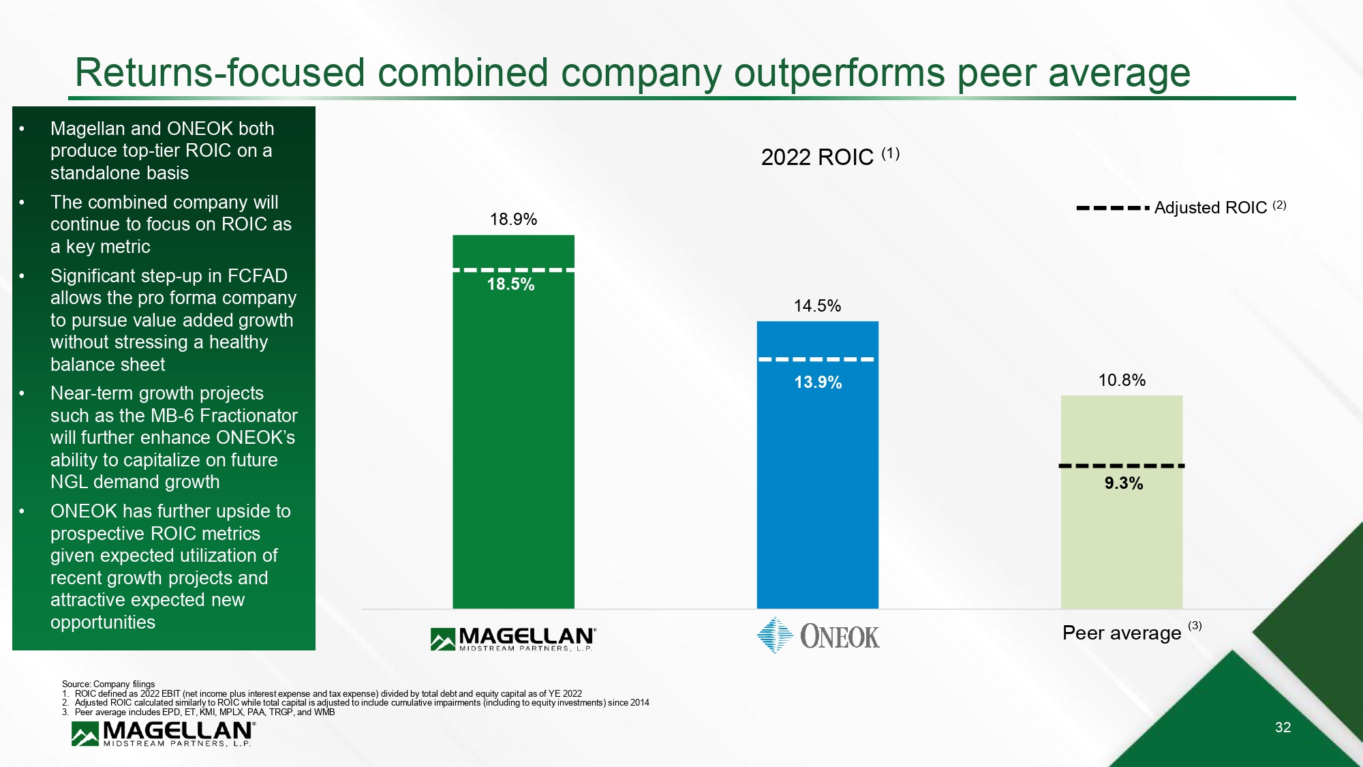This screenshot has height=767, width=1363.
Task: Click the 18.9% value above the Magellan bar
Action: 513,220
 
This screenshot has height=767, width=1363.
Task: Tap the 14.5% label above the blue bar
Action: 817,306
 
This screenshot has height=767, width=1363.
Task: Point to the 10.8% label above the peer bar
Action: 1122,380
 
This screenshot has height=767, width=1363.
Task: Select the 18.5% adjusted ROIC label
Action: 510,284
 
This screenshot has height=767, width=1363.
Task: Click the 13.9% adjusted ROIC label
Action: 818,382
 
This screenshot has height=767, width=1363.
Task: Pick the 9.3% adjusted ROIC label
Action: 1123,483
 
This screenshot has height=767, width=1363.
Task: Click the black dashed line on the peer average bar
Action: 1121,466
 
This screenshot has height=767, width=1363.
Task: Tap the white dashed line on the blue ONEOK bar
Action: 816,359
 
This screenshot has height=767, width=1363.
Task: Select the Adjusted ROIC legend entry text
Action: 1210,208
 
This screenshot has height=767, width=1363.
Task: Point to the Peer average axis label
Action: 1122,633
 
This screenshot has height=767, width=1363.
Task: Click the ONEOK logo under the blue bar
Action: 818,635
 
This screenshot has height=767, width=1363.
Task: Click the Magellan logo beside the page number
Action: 163,734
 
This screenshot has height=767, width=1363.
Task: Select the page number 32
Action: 1283,727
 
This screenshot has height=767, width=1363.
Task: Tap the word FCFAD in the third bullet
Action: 257,276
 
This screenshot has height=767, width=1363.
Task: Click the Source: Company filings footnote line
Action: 108,684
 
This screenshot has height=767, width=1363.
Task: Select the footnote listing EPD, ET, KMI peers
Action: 204,712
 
